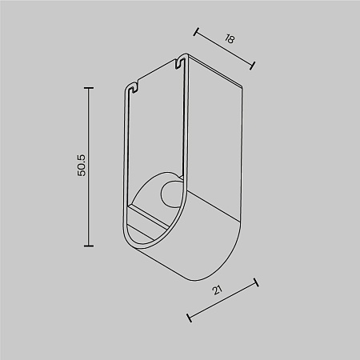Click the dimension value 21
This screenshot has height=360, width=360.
click(x=218, y=291)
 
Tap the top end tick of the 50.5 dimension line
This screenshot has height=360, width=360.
click(x=88, y=87)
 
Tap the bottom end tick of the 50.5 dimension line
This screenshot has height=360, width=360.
click(x=88, y=246)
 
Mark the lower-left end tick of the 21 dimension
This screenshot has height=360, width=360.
click(x=189, y=318)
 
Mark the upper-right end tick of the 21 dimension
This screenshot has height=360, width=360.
click(x=256, y=282)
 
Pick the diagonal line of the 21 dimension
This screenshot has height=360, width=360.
click(x=222, y=300)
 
